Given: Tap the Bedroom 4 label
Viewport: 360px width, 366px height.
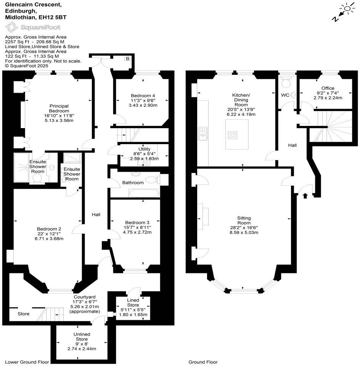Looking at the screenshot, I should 143,96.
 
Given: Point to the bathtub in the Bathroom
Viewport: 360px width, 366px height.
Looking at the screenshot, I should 145,193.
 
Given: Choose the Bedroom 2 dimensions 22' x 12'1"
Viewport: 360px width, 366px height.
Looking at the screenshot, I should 49,234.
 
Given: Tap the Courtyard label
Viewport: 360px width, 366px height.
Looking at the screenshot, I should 84,297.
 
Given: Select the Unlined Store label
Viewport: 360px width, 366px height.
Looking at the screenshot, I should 82,336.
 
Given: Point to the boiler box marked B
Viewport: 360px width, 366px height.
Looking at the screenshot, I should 127,59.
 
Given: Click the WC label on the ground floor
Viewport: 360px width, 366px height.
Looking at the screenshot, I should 285,95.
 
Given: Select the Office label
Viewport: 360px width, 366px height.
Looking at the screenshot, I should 328,88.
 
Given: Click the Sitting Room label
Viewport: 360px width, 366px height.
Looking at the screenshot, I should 244,220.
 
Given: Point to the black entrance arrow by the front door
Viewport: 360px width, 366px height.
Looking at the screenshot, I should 305,196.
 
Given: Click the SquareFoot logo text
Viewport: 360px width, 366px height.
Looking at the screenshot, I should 42,27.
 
